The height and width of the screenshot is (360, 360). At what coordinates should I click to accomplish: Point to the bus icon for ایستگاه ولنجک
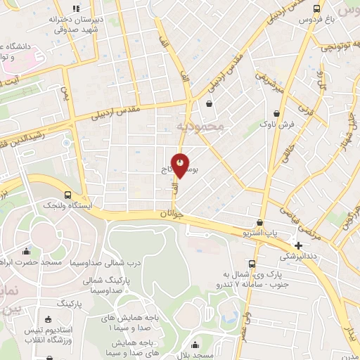coord(67,194)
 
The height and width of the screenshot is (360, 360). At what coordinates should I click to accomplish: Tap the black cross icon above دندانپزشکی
coord(299,245)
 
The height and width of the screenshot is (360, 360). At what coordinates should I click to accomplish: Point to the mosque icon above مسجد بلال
coord(195,345)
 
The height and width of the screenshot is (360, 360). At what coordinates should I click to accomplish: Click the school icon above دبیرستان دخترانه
coord(77,8)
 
